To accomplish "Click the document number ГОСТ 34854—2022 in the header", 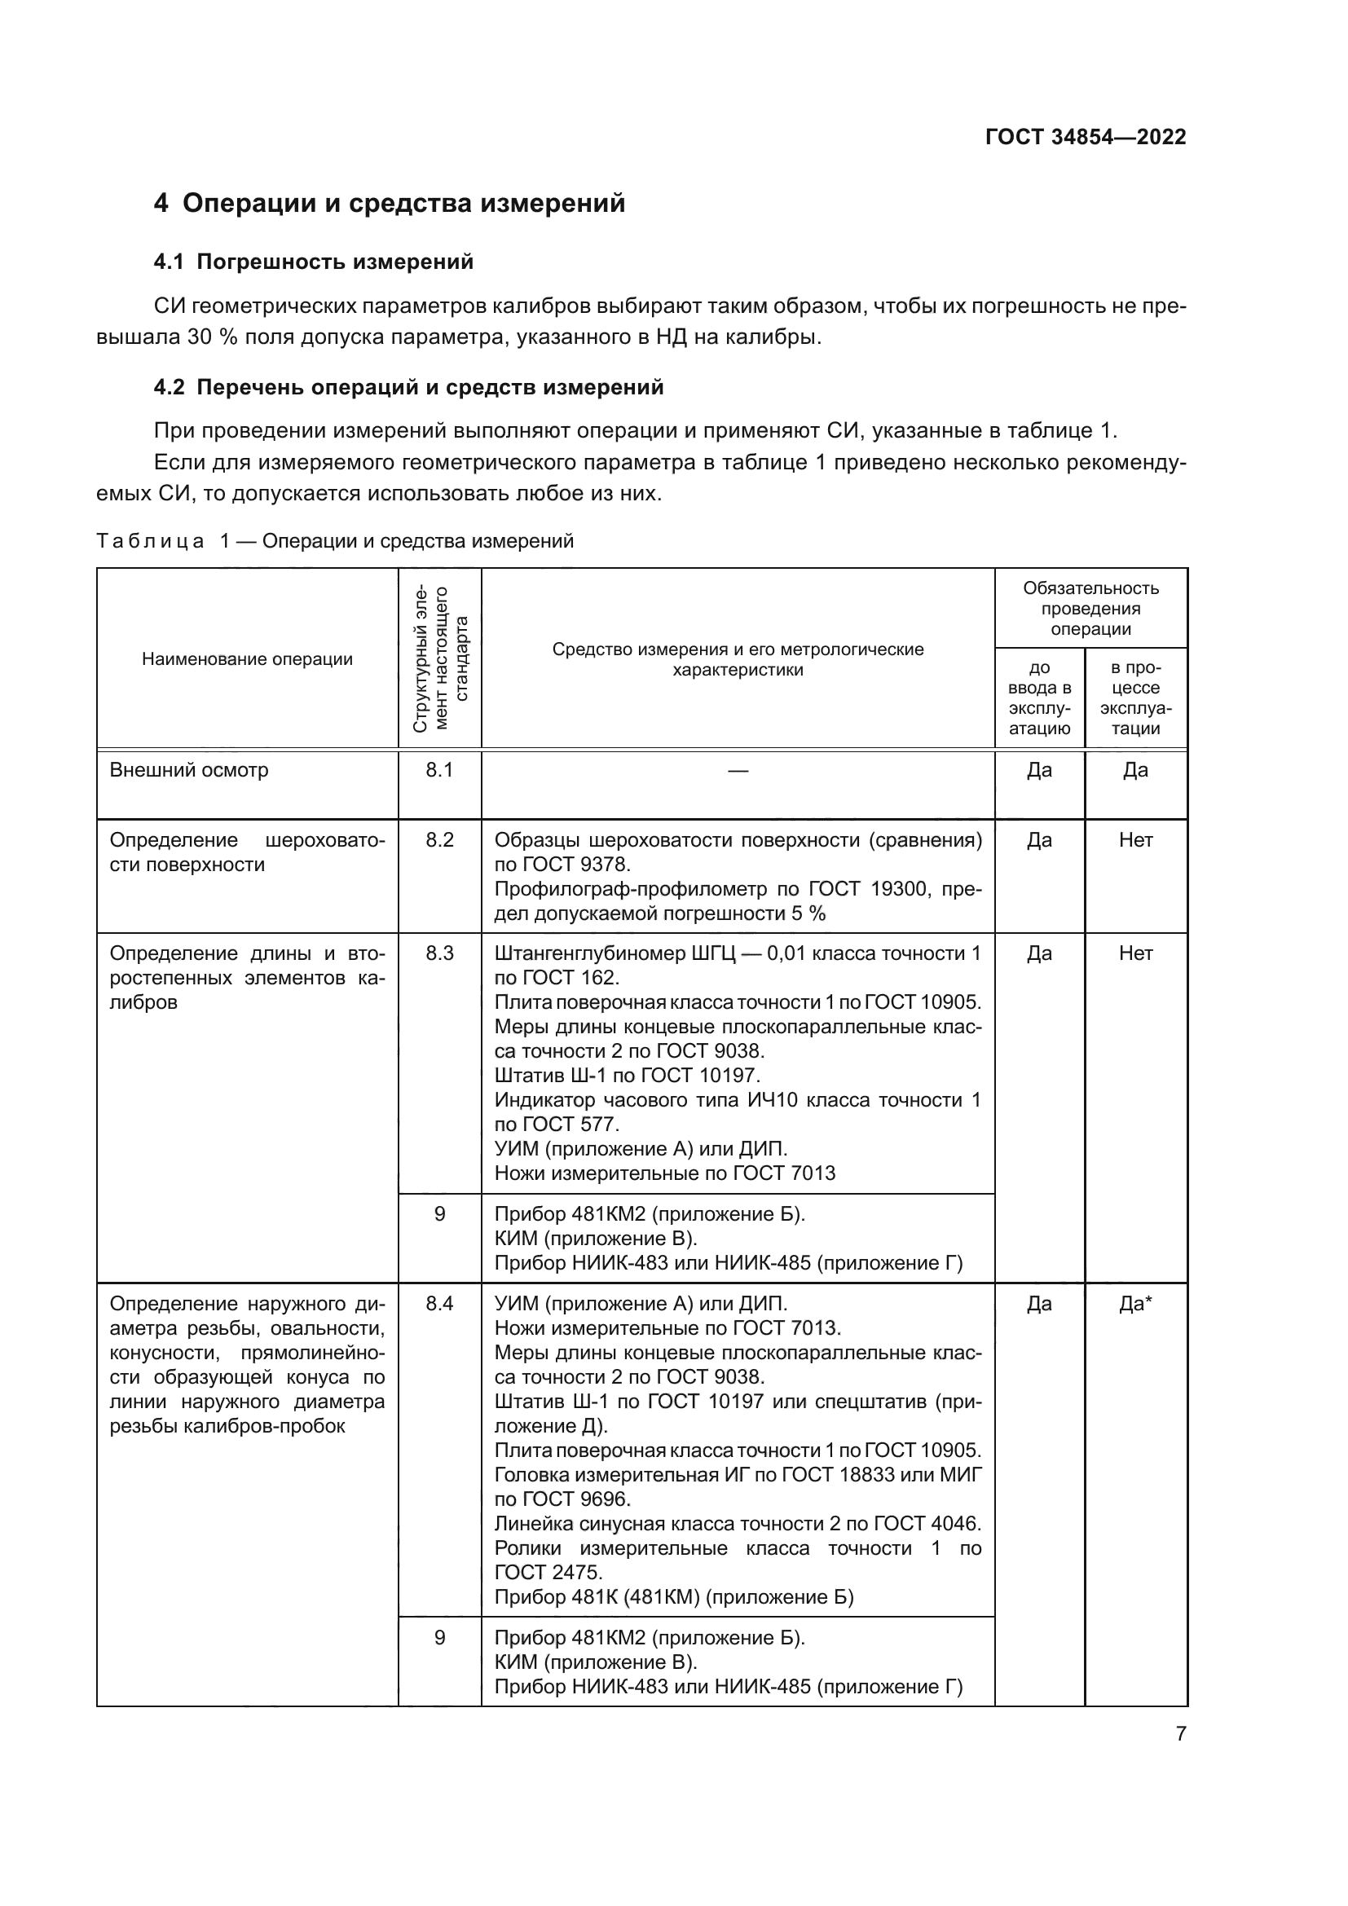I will point(1085,137).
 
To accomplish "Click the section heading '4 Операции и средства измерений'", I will point(390,204).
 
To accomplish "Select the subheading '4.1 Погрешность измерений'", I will point(313,262).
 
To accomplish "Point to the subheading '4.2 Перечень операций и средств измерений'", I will point(408,388).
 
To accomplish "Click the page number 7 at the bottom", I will point(1180,1733).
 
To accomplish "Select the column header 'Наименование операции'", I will point(248,659).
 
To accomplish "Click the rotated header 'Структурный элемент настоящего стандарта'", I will point(440,659).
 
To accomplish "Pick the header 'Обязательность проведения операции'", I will point(1090,609).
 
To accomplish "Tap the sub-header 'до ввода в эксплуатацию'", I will point(1039,698).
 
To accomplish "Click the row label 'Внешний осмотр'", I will point(189,770).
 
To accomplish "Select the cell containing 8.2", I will point(440,840).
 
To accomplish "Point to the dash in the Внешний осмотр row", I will point(737,771).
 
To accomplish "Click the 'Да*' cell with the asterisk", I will point(1134,1304).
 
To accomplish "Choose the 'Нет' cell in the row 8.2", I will point(1134,840).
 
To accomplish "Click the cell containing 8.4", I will point(440,1304).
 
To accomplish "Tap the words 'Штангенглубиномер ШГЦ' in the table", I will point(615,954).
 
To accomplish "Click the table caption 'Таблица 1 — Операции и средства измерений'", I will point(334,541).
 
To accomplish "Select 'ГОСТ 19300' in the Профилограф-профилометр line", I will point(868,889).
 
